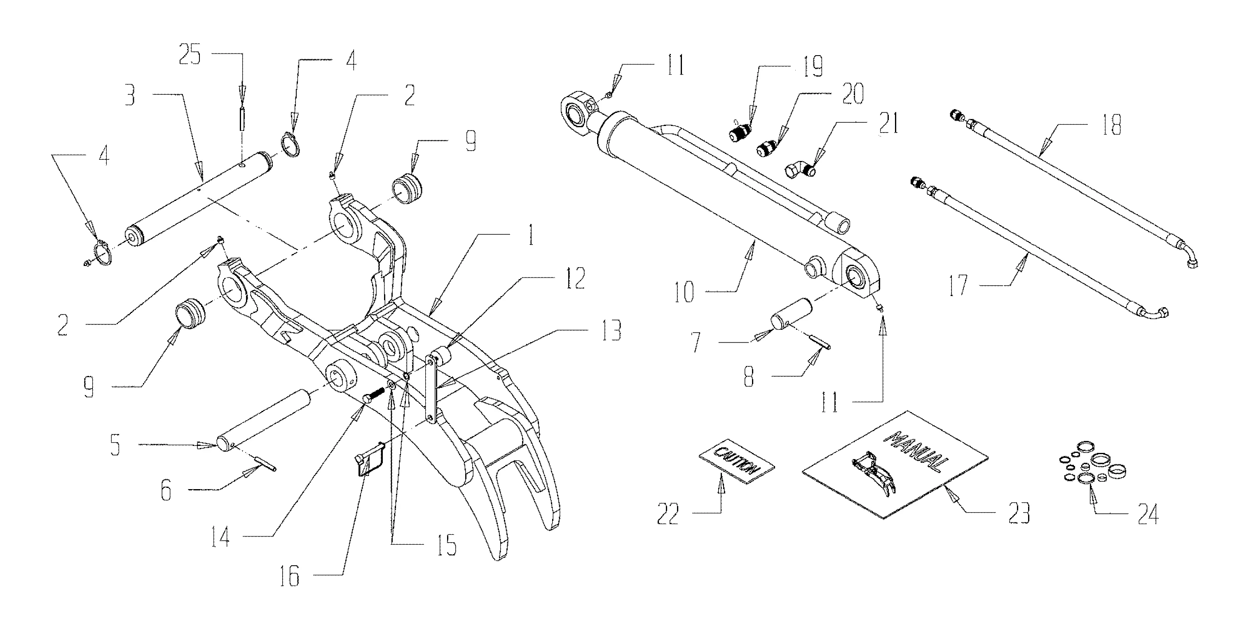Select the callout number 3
click(x=130, y=97)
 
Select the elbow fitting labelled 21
click(x=799, y=170)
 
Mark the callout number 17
click(x=958, y=285)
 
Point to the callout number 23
click(x=1018, y=513)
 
